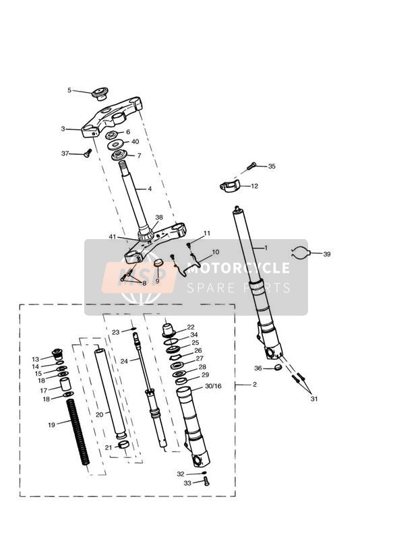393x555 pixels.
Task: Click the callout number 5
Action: pyautogui.click(x=69, y=90)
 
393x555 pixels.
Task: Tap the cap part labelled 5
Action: pyautogui.click(x=100, y=94)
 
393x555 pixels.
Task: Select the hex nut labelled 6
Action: pyautogui.click(x=113, y=134)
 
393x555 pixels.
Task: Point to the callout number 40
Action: pyautogui.click(x=135, y=141)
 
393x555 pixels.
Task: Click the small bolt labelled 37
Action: pyautogui.click(x=88, y=154)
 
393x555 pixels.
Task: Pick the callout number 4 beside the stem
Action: pyautogui.click(x=150, y=189)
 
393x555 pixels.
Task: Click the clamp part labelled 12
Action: pyautogui.click(x=230, y=185)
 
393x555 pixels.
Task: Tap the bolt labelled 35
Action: pyautogui.click(x=251, y=165)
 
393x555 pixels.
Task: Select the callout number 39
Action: pyautogui.click(x=327, y=254)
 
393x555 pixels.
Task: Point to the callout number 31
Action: pyautogui.click(x=314, y=399)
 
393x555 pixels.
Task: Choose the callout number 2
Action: pyautogui.click(x=255, y=385)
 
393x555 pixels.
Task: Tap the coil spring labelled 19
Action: pyautogui.click(x=78, y=432)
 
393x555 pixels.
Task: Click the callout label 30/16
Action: pyautogui.click(x=213, y=386)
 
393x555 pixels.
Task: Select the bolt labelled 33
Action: pyautogui.click(x=206, y=482)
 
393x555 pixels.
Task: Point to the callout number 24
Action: pyautogui.click(x=124, y=362)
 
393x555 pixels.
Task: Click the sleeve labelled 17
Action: pyautogui.click(x=65, y=385)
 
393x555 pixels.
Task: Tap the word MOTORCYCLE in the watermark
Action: pyautogui.click(x=238, y=268)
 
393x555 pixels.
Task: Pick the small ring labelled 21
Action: pyautogui.click(x=123, y=445)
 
